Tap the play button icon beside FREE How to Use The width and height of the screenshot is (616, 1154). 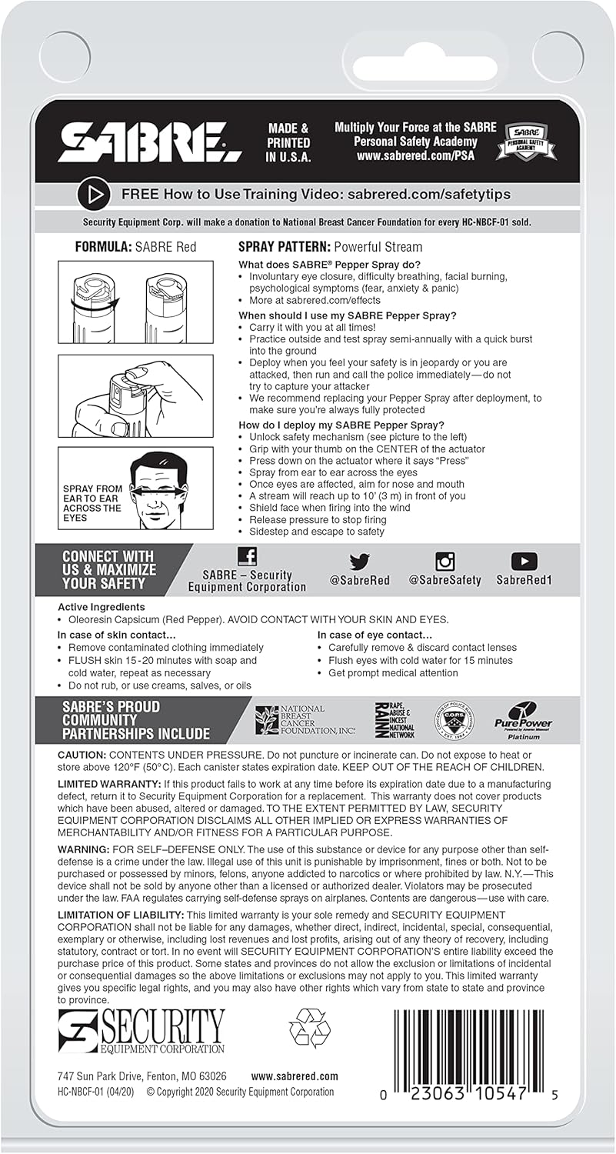[x=94, y=195]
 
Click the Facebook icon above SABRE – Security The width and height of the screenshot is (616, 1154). [x=247, y=557]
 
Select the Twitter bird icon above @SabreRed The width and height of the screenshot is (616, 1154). [x=359, y=562]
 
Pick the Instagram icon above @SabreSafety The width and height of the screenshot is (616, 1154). [x=445, y=562]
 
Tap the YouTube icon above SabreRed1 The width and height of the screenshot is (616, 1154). [x=524, y=562]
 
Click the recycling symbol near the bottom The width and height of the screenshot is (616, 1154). [x=309, y=1029]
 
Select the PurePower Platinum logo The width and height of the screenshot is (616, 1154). [x=523, y=719]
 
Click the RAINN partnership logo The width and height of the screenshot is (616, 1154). [x=394, y=719]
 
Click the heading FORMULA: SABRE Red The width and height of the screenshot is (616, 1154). [x=135, y=247]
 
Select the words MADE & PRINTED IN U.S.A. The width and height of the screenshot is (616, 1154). [x=288, y=143]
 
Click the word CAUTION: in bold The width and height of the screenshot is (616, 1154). [x=82, y=755]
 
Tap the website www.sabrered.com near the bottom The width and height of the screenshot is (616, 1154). [x=295, y=1076]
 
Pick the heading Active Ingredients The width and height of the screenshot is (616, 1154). [x=101, y=607]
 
